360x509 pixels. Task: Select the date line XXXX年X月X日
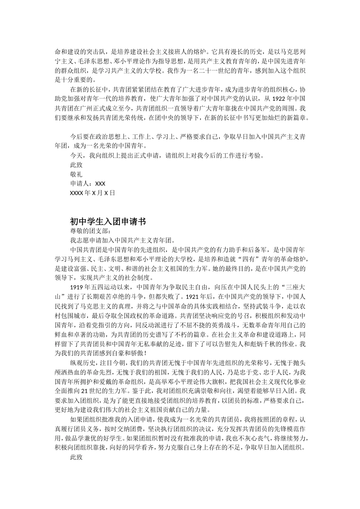pos(92,193)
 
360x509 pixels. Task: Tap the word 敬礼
pos(76,174)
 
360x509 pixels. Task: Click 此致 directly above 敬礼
pos(76,165)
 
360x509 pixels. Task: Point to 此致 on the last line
pos(76,457)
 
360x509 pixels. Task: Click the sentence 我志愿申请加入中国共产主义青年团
pos(121,240)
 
